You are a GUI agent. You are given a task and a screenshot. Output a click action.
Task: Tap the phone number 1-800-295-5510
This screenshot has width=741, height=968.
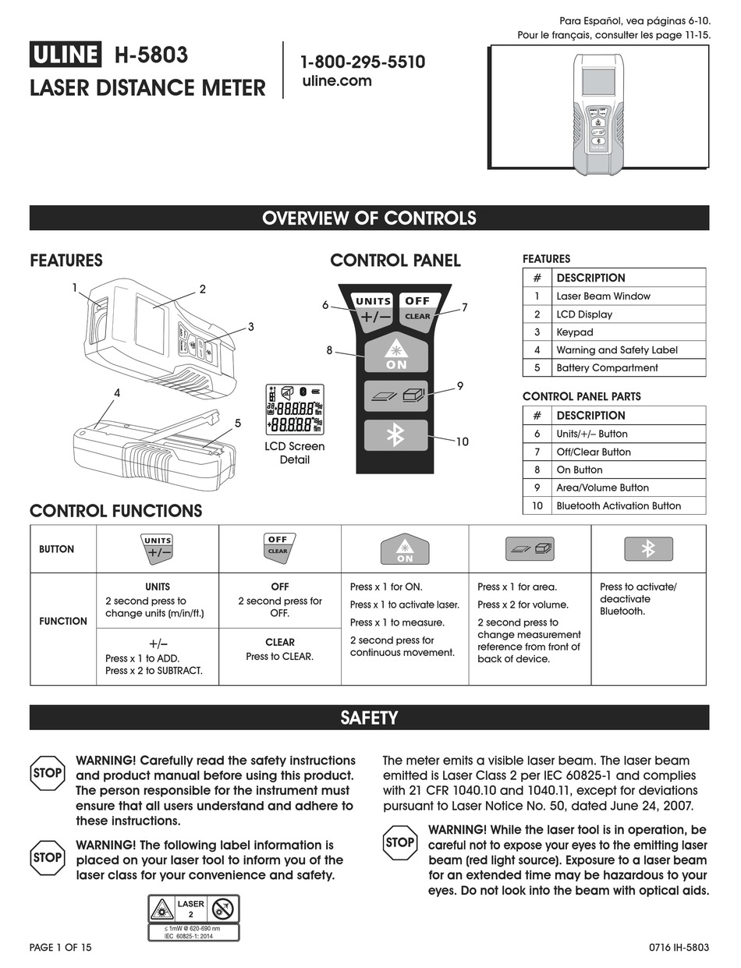coord(363,62)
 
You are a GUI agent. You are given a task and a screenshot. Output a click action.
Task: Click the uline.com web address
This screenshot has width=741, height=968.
coord(336,81)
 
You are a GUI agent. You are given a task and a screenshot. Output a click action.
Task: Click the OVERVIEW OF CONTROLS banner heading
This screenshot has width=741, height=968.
coord(369,218)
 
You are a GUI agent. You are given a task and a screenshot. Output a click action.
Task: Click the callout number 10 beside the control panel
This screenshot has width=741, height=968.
coord(462,441)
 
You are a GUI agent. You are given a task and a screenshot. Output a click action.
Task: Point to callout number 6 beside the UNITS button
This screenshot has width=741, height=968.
coord(325,306)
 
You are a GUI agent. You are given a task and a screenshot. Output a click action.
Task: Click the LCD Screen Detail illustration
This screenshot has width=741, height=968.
coord(295,410)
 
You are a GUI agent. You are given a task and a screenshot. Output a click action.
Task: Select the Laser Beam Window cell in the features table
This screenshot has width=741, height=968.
coord(603,296)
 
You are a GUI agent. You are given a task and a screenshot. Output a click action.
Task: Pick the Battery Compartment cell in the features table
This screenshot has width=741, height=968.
coord(607,368)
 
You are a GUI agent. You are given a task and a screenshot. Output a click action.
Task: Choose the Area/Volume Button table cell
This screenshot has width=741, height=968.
coord(602,488)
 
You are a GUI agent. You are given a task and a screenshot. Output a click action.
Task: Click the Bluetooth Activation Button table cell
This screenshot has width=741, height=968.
coord(618,505)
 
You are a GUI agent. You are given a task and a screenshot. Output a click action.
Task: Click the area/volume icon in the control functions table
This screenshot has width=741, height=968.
coord(530,549)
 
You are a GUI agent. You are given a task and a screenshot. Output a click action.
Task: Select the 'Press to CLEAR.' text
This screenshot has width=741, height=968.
coord(279,657)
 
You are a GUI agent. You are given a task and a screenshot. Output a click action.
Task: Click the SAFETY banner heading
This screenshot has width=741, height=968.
coord(369,718)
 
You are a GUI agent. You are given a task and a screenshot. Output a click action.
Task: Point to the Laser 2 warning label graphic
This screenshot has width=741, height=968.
coord(193,916)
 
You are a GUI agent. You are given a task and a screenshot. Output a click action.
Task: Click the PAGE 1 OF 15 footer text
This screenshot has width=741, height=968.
coord(60,947)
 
